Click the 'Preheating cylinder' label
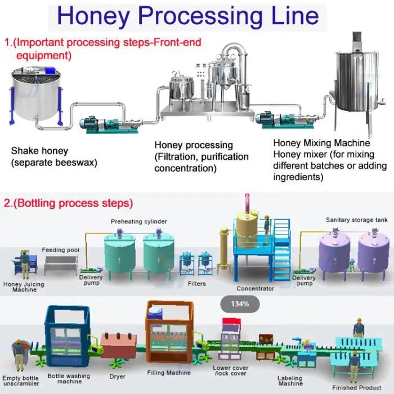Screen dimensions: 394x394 138,221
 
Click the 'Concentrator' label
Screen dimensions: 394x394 255,289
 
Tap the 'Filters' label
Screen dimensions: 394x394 197,284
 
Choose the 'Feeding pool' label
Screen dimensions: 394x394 61,249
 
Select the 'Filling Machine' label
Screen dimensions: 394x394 168,373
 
